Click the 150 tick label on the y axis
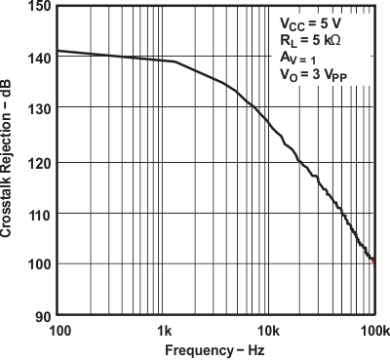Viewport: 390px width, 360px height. click(40, 7)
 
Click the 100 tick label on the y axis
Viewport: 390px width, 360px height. click(40, 264)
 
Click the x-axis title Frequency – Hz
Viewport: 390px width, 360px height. click(214, 349)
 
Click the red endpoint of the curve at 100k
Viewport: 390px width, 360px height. click(373, 260)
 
